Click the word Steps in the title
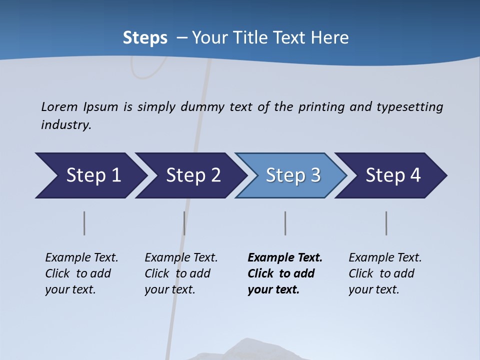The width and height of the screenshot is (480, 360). point(145,38)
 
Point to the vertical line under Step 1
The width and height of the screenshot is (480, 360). point(84,223)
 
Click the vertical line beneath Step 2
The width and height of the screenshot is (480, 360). point(184,223)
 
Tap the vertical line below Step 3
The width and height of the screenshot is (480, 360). point(285,223)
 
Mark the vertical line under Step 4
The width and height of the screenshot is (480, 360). point(386,223)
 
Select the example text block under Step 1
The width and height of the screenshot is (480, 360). point(81,273)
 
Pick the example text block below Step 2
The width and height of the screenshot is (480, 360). point(181,273)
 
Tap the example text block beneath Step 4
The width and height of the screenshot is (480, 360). point(385,273)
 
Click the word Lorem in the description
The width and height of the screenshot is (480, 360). point(59,106)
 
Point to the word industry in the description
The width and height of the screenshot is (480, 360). point(65,125)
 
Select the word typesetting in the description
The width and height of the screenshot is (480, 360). point(409,106)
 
